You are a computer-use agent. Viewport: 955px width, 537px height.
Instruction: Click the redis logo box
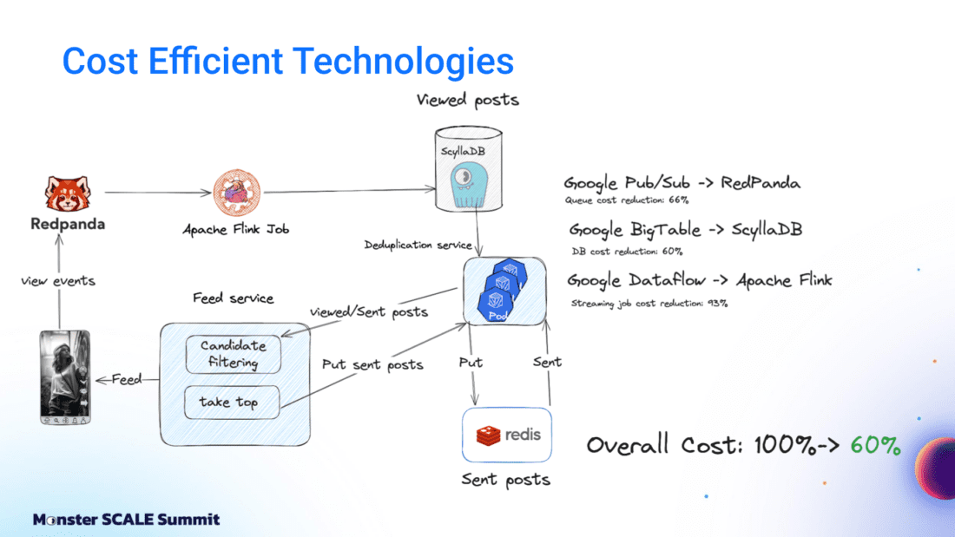tap(508, 433)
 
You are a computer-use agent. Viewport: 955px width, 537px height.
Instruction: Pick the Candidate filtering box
tap(233, 354)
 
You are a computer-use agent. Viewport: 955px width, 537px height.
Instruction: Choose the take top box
tap(233, 402)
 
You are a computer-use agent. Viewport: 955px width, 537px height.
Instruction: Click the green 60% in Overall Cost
tap(875, 445)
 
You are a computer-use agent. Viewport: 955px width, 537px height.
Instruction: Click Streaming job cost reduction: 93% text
tap(649, 303)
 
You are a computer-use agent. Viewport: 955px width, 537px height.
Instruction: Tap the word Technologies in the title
tap(403, 61)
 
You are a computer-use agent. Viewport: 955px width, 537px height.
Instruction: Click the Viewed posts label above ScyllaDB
tap(467, 100)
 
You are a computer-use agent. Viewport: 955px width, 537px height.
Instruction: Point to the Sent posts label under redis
tap(506, 478)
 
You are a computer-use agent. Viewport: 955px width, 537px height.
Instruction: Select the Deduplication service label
tap(418, 246)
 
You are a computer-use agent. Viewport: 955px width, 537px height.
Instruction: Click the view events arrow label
tap(58, 281)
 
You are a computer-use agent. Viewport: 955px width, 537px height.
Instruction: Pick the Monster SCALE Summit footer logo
tap(127, 520)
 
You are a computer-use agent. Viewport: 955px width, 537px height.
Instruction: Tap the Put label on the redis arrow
tap(471, 362)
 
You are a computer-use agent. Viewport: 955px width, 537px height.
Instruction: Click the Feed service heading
tap(233, 298)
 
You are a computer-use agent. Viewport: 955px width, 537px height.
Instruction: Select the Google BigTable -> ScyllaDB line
tap(686, 231)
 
